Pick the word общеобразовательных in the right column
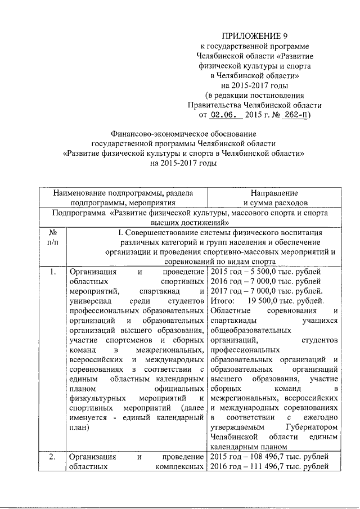pyautogui.click(x=250, y=330)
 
